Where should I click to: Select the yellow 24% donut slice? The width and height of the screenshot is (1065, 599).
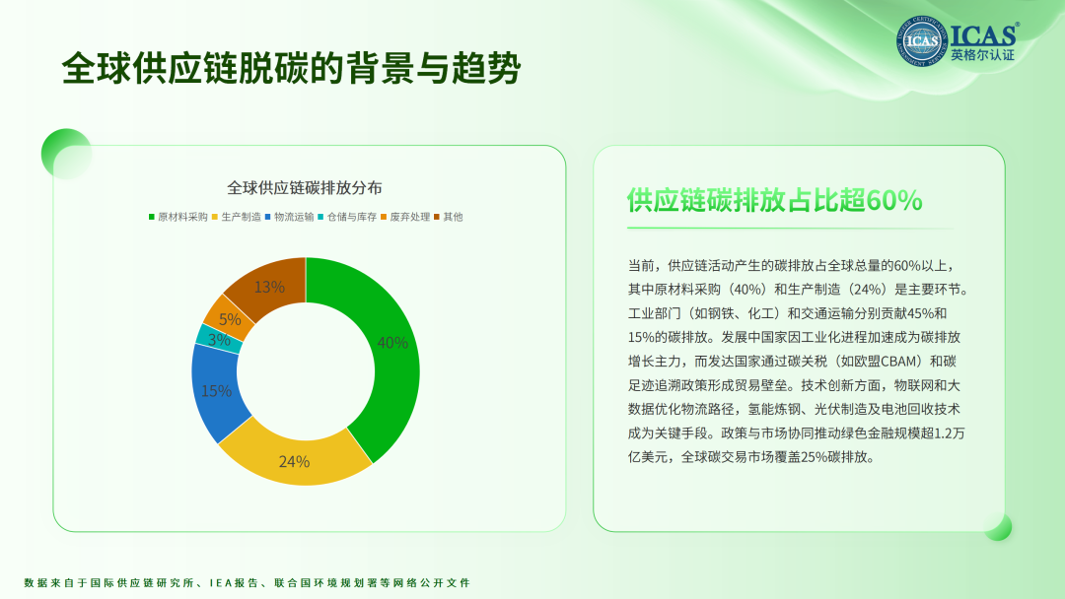click(x=294, y=458)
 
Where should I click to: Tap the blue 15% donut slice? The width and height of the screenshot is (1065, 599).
click(x=216, y=391)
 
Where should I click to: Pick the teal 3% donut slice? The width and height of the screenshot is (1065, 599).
click(x=219, y=339)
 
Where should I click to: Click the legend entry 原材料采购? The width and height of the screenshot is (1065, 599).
click(x=177, y=217)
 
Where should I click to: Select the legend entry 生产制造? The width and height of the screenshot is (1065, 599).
click(x=237, y=217)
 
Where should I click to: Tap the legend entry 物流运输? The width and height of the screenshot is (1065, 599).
click(x=289, y=217)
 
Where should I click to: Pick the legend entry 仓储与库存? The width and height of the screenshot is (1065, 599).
click(x=347, y=217)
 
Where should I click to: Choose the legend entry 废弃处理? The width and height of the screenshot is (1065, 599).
click(x=405, y=217)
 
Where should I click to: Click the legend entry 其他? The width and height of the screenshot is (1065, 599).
click(x=449, y=217)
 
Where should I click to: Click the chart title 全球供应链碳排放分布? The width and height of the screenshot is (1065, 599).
click(x=305, y=188)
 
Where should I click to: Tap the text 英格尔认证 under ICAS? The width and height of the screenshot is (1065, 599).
click(x=982, y=55)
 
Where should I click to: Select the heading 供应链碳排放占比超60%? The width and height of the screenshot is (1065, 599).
click(x=774, y=200)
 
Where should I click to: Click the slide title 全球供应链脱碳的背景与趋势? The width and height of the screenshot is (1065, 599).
click(x=291, y=69)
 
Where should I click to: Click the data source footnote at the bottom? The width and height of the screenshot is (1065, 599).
click(x=248, y=582)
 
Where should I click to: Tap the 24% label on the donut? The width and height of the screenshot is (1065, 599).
click(x=294, y=462)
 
